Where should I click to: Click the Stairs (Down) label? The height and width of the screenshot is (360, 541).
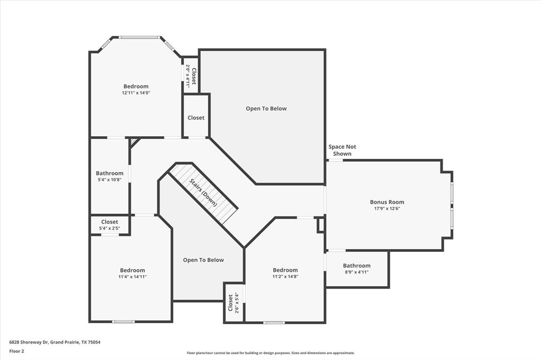[204, 193]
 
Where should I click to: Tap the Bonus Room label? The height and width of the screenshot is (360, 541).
[387, 202]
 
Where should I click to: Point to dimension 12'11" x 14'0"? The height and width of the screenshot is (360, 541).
[136, 93]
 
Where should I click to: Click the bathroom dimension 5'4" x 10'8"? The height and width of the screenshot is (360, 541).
[110, 179]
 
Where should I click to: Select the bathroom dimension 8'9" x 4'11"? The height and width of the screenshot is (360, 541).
[357, 272]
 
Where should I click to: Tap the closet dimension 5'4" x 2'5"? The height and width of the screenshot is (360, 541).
[110, 229]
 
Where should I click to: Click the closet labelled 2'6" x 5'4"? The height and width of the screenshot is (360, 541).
[234, 302]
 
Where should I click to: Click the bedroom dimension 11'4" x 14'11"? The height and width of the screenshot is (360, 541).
[132, 277]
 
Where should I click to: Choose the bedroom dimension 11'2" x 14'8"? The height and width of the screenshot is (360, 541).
[285, 277]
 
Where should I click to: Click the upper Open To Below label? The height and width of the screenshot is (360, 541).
[266, 109]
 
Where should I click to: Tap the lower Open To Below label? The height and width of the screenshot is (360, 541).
[203, 260]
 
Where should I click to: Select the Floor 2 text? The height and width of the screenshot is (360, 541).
[16, 350]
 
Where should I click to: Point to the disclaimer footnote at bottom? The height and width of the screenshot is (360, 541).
[270, 353]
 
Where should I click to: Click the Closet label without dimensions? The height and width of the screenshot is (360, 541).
[196, 118]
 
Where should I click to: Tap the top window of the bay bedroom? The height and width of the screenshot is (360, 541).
[139, 37]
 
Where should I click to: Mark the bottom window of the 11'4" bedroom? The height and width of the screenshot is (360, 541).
[123, 321]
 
